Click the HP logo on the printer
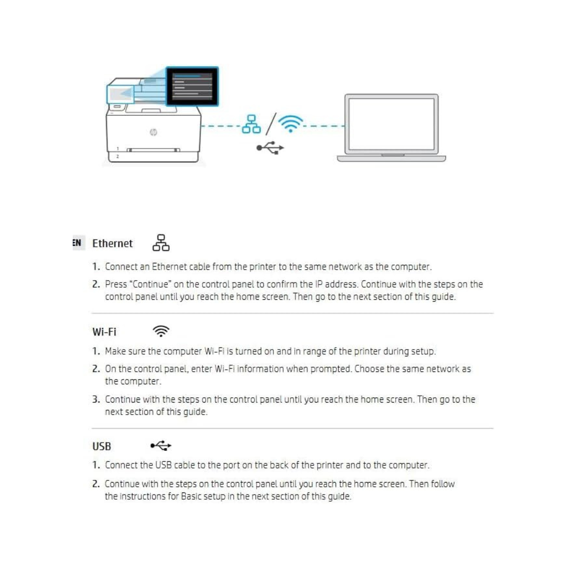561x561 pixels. (153, 133)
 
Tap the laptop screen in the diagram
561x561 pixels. (391, 124)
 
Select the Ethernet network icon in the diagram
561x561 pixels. (251, 124)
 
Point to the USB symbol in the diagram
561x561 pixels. (270, 148)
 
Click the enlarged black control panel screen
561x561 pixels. (192, 87)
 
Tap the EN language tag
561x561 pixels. (77, 243)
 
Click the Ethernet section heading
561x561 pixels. (112, 243)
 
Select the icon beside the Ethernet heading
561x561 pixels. (161, 243)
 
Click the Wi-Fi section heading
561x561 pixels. (104, 331)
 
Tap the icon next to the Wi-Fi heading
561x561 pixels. (162, 331)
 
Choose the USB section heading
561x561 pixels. (102, 446)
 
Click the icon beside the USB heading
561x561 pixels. (161, 446)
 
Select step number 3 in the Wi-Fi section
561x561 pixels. (96, 399)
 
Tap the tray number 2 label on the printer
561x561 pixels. (117, 156)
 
